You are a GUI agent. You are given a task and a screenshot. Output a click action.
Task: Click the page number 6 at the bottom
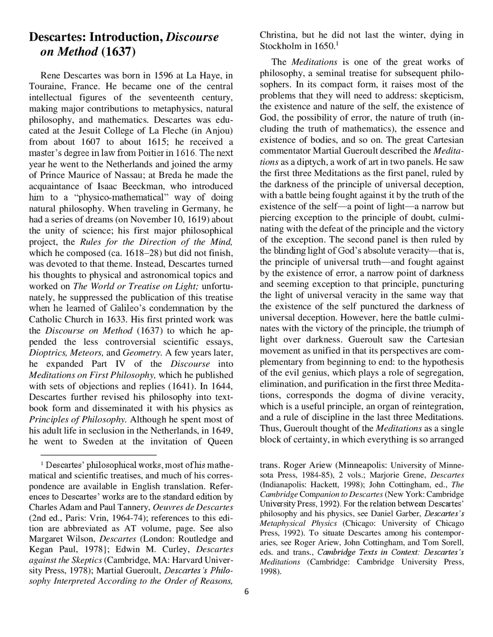tap(246, 592)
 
